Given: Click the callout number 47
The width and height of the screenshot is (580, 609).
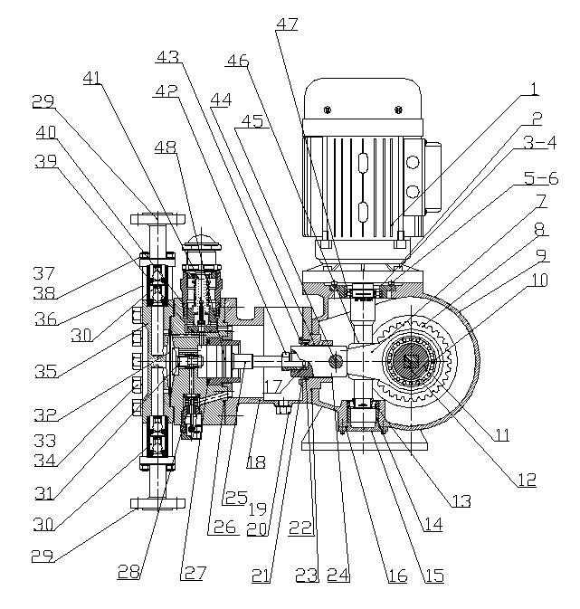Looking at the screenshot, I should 287,25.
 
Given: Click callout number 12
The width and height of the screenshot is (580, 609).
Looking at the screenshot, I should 527,480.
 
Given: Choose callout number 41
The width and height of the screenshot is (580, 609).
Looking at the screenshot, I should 91,79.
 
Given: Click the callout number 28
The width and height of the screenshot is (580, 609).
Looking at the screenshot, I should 129,570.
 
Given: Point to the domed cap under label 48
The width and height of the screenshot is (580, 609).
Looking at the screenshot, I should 201,243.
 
